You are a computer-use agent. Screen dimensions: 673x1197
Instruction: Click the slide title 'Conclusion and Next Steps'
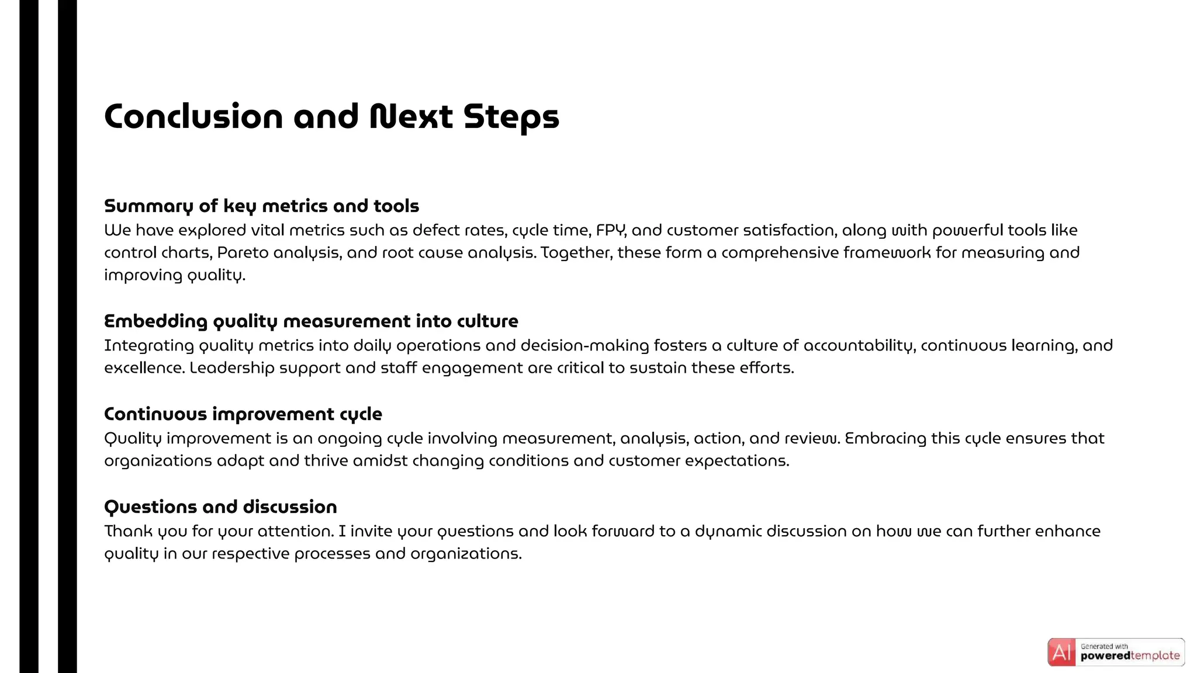[331, 117]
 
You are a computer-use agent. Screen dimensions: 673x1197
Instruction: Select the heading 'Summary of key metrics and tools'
[261, 206]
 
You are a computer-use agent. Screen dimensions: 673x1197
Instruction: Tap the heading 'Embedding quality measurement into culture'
[311, 321]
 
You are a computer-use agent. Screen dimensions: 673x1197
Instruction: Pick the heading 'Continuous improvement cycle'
[243, 414]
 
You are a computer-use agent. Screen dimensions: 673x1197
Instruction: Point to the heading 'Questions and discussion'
[220, 507]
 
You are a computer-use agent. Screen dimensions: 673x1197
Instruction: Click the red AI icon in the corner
[1061, 653]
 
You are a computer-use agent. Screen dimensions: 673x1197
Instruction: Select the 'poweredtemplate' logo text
[1130, 656]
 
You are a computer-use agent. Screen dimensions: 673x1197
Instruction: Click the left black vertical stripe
[29, 336]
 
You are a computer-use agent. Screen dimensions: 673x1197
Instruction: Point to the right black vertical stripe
[67, 336]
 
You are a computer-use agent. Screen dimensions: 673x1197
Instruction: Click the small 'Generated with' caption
[1104, 646]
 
